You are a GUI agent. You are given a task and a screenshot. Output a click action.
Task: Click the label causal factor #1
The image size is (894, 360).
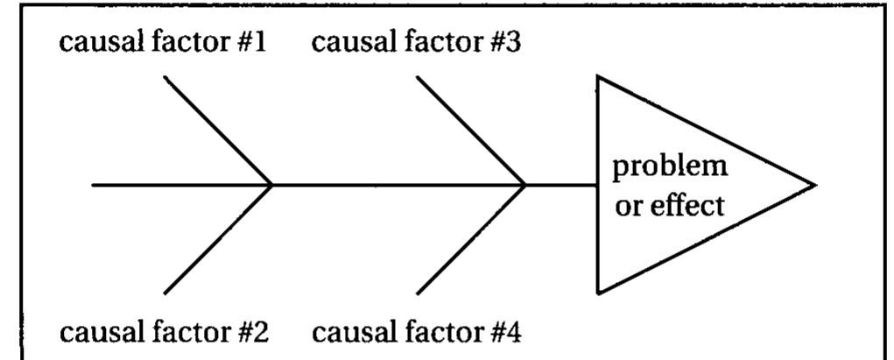(164, 44)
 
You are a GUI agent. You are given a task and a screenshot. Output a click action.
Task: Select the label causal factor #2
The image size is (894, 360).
(164, 333)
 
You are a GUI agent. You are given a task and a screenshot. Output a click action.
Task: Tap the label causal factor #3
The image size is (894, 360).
(417, 44)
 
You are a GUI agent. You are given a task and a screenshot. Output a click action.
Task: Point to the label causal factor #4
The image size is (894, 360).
(417, 333)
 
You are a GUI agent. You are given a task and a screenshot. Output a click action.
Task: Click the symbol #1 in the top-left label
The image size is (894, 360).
(250, 44)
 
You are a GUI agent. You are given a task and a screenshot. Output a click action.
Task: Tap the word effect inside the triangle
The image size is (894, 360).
(688, 206)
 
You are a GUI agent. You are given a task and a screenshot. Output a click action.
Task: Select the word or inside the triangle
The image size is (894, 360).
(625, 207)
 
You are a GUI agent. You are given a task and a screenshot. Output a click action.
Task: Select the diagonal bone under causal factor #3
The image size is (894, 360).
(470, 131)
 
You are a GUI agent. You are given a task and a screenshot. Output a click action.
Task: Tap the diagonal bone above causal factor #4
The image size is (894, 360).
(470, 239)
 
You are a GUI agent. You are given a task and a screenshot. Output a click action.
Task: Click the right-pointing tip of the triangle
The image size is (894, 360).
(814, 185)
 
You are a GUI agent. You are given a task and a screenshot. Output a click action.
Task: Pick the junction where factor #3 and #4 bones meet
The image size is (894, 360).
(524, 185)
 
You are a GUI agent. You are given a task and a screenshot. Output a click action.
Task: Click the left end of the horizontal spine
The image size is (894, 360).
(94, 185)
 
